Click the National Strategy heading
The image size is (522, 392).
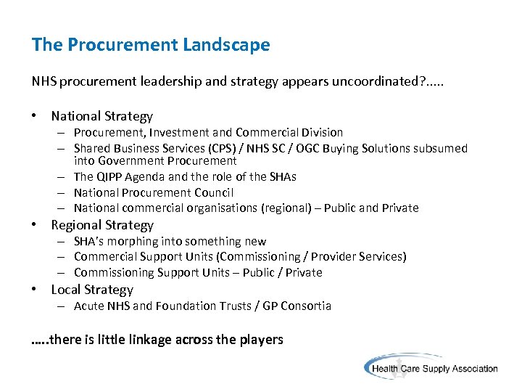102,116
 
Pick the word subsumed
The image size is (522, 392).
442,148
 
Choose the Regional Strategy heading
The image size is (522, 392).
102,225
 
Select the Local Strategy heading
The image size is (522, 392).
92,290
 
